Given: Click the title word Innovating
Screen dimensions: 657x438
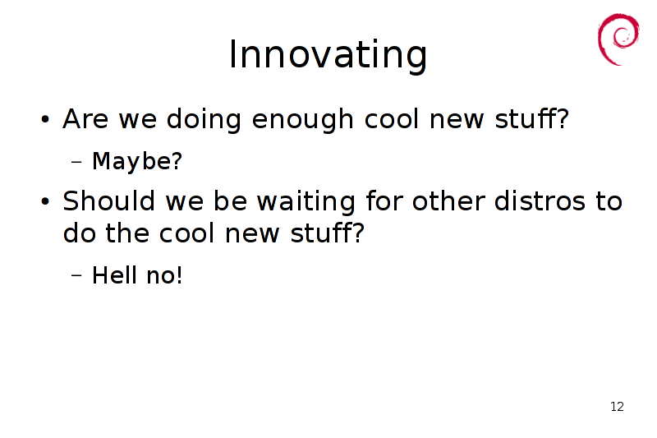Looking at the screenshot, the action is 328,55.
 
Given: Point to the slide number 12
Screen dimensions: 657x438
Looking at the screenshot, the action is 618,407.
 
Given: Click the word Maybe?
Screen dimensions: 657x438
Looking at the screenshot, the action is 137,161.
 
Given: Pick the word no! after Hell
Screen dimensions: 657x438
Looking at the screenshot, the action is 164,275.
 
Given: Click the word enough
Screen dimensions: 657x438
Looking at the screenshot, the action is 302,120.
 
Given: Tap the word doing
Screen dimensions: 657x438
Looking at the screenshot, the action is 204,120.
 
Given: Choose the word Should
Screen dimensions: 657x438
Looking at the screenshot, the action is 109,201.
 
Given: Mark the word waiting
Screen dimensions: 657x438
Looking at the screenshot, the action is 306,201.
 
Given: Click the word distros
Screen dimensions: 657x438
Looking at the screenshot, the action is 540,201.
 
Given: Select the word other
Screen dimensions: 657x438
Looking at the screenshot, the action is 448,201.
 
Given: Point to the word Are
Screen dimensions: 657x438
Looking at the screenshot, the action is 85,119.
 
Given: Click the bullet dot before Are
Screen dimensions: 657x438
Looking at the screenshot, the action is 45,119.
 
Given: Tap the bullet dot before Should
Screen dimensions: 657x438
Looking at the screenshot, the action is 45,201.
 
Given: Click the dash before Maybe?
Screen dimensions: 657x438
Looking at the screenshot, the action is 76,161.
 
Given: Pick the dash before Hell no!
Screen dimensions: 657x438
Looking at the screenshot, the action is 76,275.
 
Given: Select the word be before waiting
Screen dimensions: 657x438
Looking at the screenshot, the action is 231,201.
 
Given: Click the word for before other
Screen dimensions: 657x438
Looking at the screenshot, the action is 384,201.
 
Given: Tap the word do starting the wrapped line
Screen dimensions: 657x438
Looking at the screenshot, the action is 79,233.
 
